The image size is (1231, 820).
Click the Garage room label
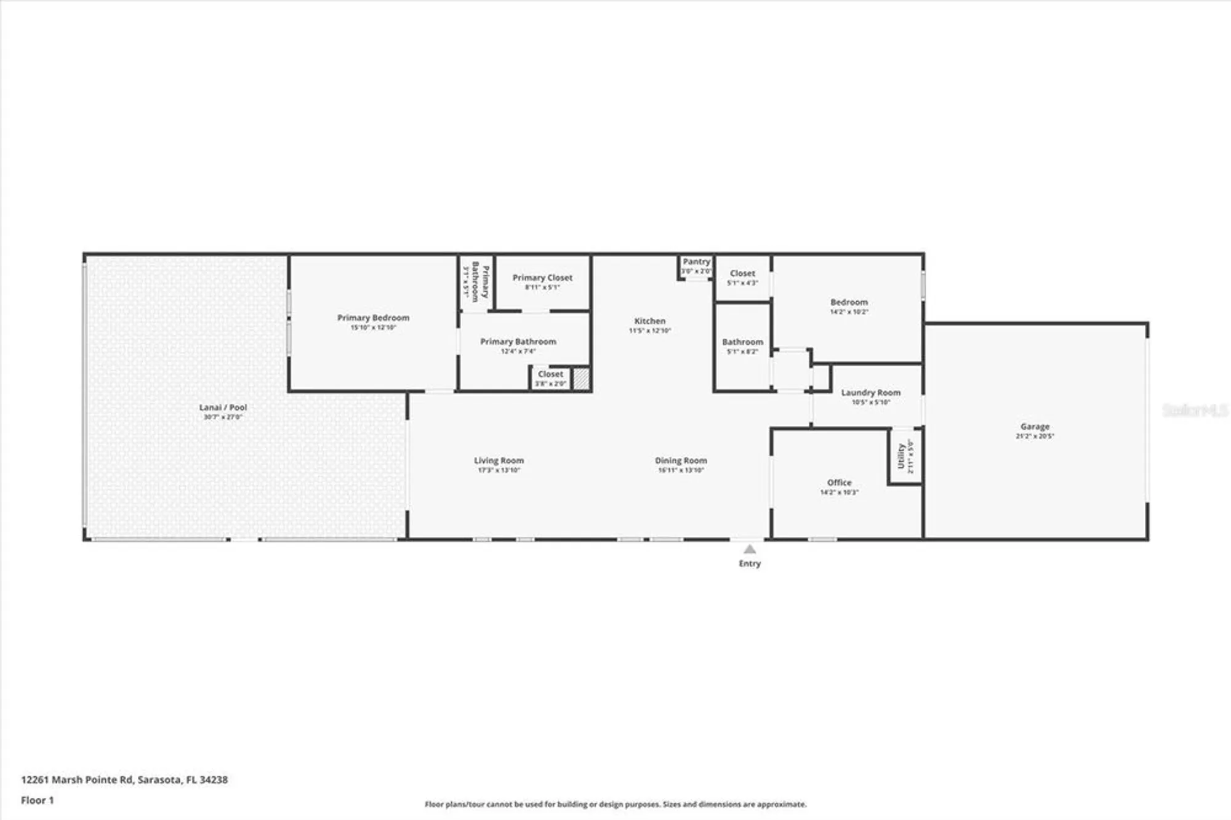1035,426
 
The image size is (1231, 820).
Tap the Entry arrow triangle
749,549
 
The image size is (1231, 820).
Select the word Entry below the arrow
749,563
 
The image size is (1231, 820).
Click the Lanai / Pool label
223,407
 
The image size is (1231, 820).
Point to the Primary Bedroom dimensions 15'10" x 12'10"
373,328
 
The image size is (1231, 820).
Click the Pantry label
696,262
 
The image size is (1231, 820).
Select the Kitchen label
649,321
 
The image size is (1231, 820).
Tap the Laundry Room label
870,392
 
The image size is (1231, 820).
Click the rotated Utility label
900,456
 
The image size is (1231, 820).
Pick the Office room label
839,482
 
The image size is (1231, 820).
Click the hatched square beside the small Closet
581,378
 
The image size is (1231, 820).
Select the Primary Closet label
542,278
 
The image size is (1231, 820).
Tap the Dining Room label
681,460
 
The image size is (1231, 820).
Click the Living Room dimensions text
499,470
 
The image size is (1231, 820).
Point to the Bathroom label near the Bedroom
742,342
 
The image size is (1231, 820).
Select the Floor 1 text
37,800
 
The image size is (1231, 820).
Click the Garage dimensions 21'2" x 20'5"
1035,436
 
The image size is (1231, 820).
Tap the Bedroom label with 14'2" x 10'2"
849,302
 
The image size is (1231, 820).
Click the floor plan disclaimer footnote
615,804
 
